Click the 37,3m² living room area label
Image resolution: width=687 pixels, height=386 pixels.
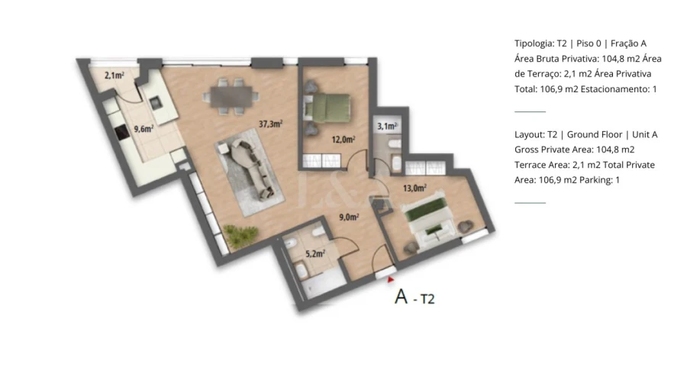pos(271,124)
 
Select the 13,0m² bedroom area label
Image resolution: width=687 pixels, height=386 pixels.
pos(414,188)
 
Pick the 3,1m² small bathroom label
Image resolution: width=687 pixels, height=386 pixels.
pos(387,126)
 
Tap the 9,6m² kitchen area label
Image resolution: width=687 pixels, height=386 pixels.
pos(144,129)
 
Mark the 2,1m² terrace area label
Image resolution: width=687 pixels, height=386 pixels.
pos(114,75)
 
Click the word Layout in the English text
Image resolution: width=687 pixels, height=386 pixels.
pos(530,134)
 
